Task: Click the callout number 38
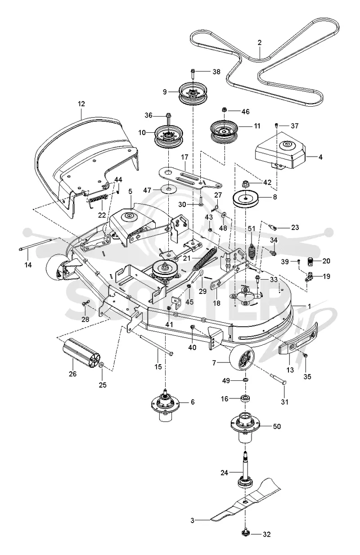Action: click(216, 72)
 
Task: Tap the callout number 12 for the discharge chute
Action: click(81, 104)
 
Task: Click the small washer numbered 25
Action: click(102, 365)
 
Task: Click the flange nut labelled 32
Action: click(245, 532)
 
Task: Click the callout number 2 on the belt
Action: click(259, 43)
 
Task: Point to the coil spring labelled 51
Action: click(252, 251)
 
